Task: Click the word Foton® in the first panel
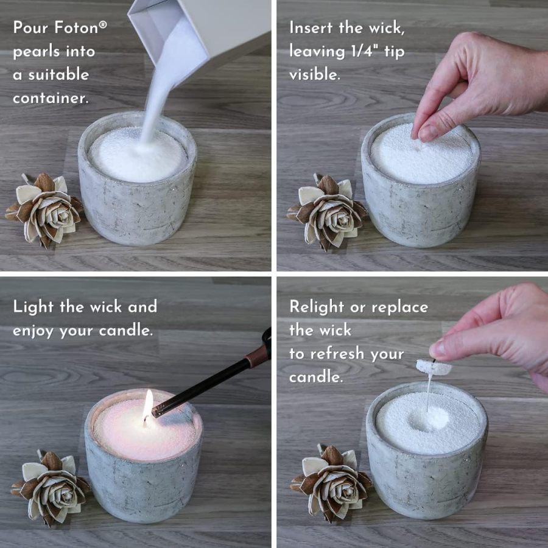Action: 80,28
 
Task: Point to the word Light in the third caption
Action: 34,306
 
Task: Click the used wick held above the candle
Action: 434,367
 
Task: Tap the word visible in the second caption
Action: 315,75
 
